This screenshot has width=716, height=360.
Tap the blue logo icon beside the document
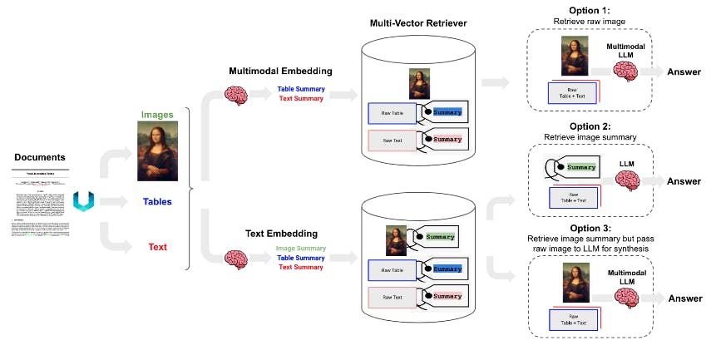tap(83, 200)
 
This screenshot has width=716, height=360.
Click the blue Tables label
tap(158, 201)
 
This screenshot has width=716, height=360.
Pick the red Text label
tap(158, 247)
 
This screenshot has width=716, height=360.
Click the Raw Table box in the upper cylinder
tap(393, 114)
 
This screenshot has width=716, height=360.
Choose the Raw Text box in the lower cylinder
tap(393, 297)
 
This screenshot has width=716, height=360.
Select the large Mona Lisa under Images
tap(158, 150)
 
